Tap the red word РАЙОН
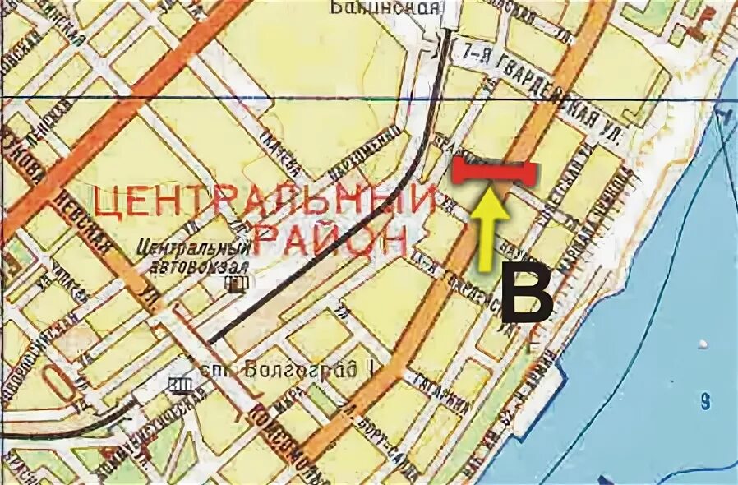[x=329, y=239]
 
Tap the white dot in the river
[x=703, y=343]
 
